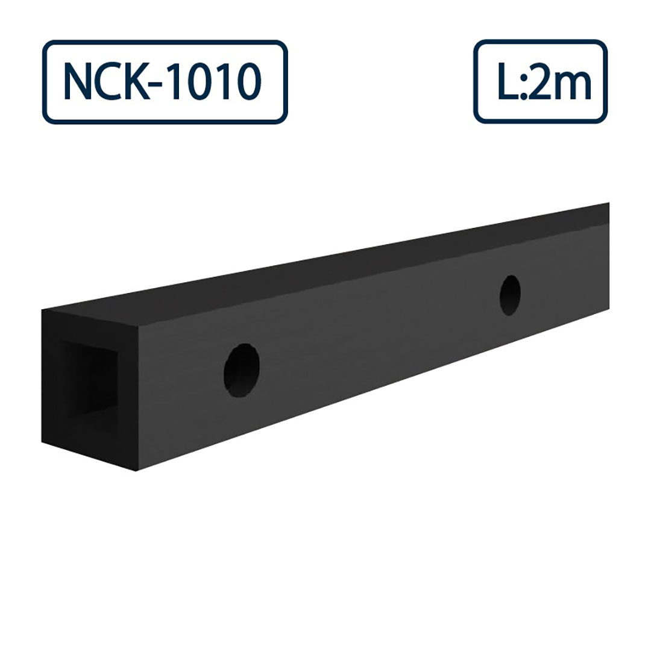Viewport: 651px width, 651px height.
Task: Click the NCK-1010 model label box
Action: pyautogui.click(x=165, y=82)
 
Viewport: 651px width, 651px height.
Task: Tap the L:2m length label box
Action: pyautogui.click(x=540, y=82)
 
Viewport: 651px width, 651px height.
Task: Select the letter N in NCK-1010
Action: pyautogui.click(x=77, y=83)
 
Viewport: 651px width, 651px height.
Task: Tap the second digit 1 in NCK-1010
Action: pyautogui.click(x=224, y=83)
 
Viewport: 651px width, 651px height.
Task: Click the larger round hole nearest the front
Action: pyautogui.click(x=242, y=370)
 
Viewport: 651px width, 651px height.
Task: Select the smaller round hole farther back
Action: pyautogui.click(x=510, y=295)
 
